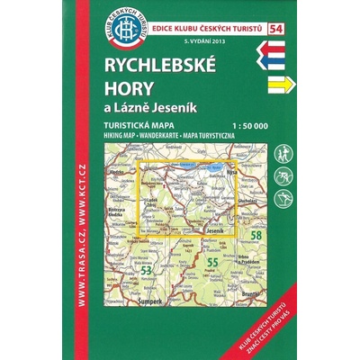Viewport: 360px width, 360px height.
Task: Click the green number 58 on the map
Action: pyautogui.click(x=257, y=236)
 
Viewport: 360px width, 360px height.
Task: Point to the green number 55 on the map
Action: pyautogui.click(x=212, y=262)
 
